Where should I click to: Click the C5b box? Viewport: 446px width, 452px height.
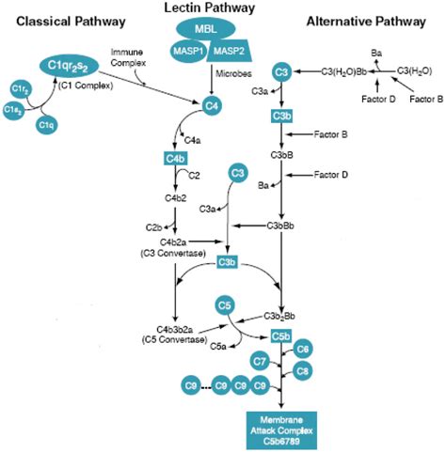click(x=280, y=335)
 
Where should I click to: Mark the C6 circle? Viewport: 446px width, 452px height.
click(x=304, y=349)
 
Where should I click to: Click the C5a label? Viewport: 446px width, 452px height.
click(x=219, y=346)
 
